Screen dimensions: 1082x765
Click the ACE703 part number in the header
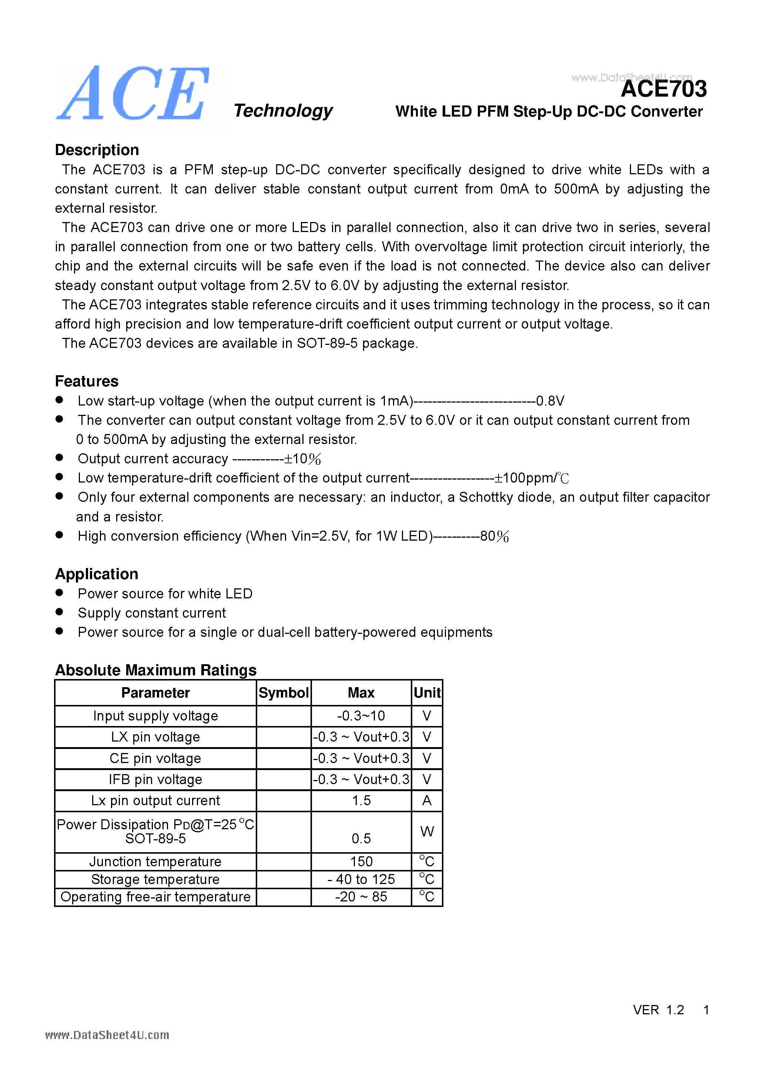tap(664, 89)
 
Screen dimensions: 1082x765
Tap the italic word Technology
tap(283, 111)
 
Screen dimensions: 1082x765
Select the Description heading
tap(97, 150)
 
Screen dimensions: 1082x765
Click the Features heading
tap(87, 381)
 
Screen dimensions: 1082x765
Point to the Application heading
tap(97, 574)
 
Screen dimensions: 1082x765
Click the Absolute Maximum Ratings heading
tap(155, 670)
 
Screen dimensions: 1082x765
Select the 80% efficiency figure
tap(494, 536)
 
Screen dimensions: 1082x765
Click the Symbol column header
tap(283, 693)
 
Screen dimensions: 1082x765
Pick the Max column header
tap(361, 693)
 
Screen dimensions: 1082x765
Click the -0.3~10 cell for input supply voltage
tap(361, 716)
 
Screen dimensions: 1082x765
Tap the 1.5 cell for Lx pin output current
tap(361, 800)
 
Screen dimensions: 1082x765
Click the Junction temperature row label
tap(155, 861)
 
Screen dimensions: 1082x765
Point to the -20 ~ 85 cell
tap(361, 896)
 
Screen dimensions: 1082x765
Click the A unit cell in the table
tap(427, 800)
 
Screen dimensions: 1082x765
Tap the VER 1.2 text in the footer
tap(658, 1009)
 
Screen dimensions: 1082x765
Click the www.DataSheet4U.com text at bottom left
tap(107, 1035)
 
